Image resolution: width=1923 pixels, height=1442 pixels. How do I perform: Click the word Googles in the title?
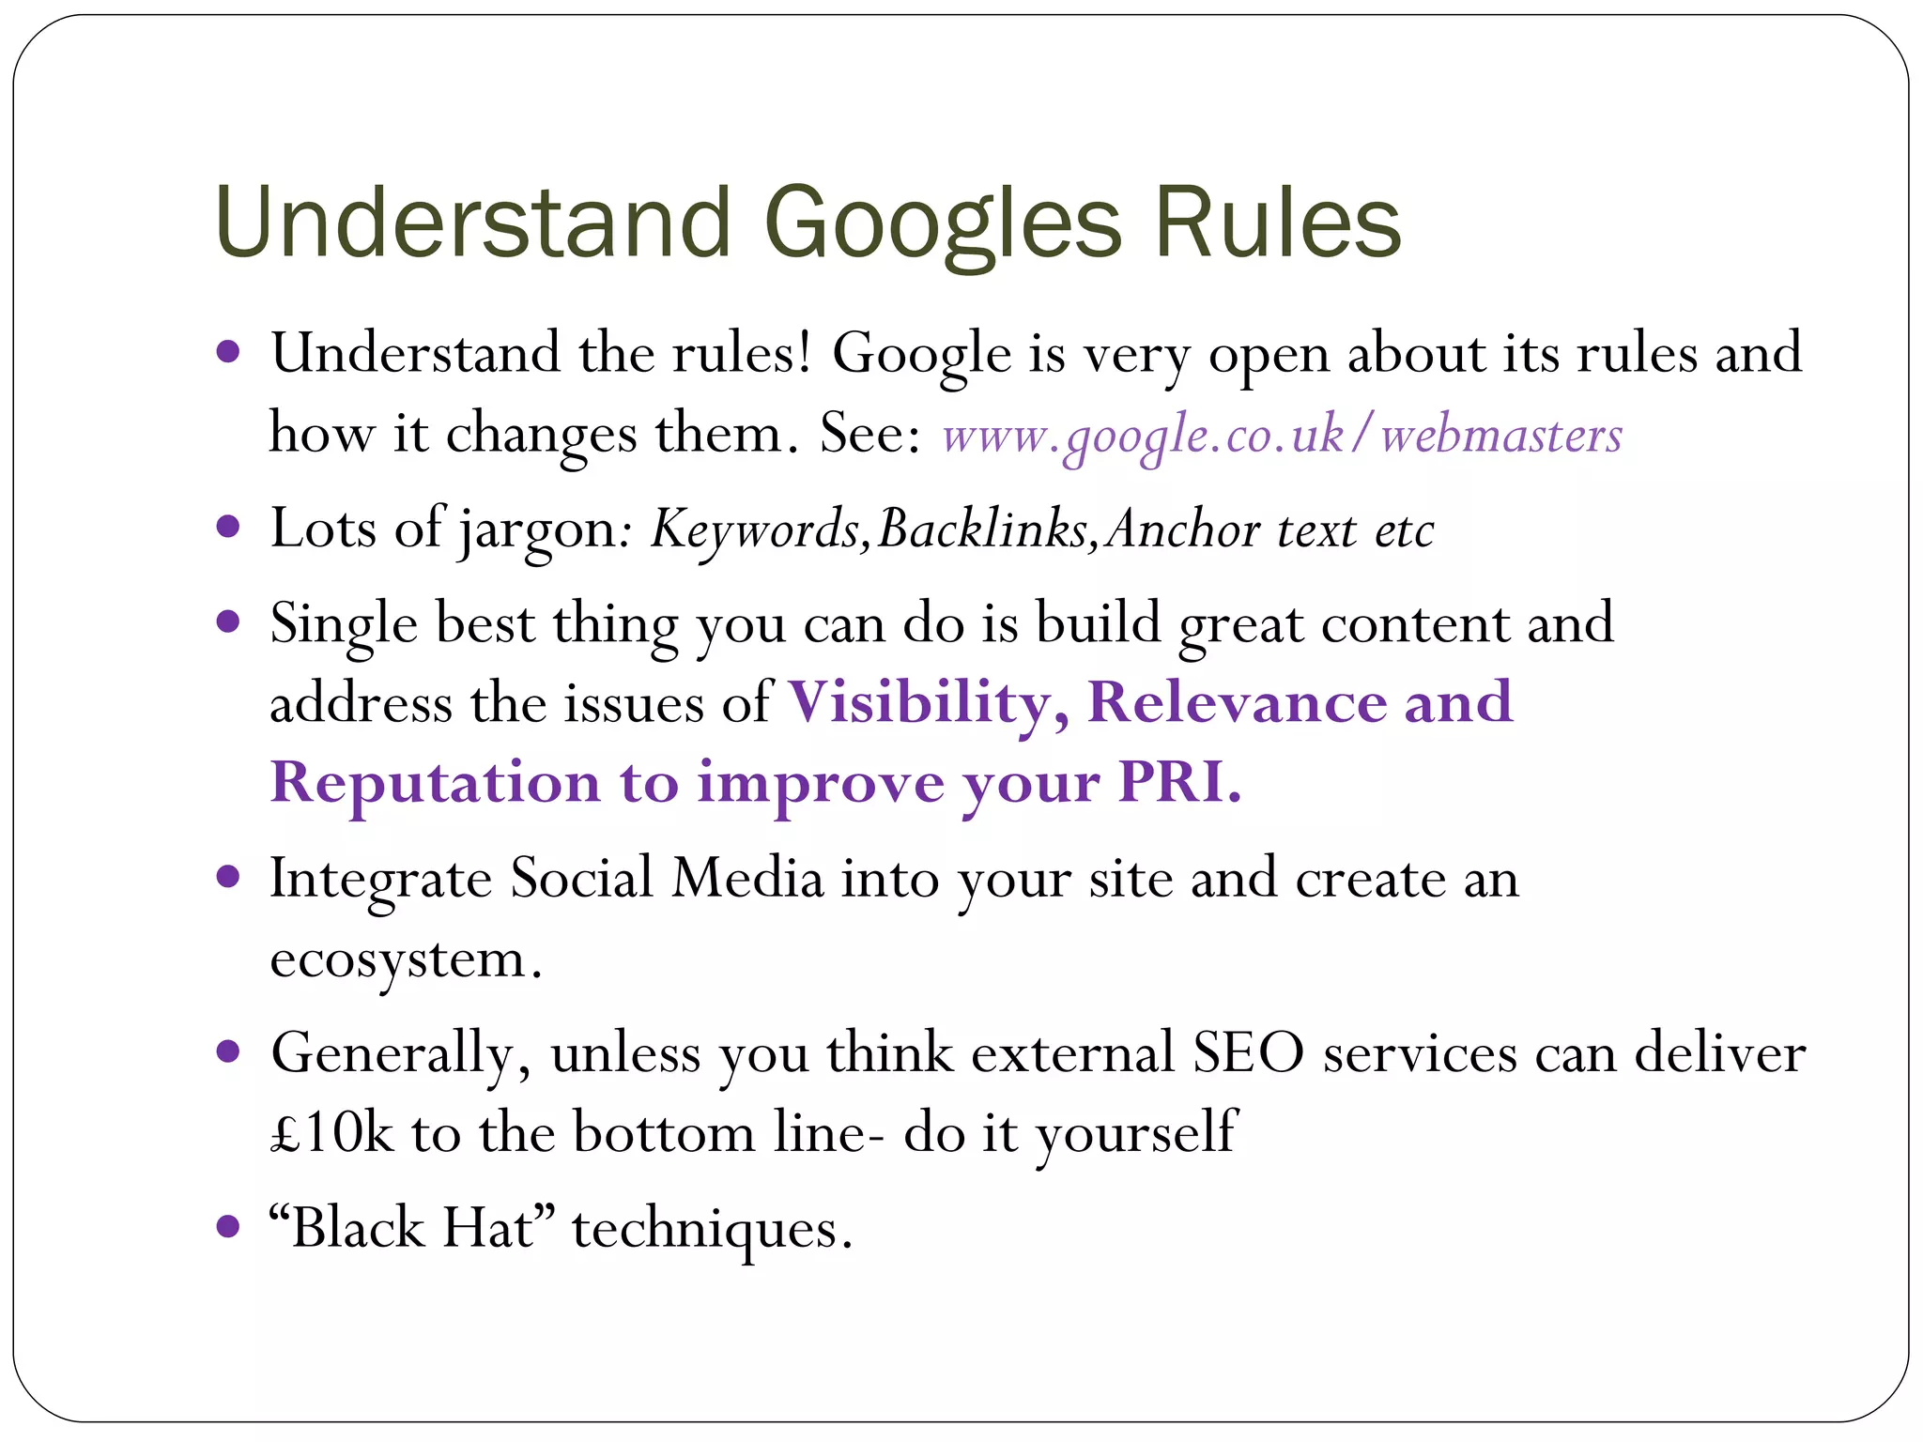943,225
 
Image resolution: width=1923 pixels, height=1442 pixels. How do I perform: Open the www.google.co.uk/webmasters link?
1282,436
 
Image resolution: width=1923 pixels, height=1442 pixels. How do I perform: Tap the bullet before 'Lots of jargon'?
228,527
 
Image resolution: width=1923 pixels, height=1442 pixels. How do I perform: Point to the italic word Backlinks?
982,529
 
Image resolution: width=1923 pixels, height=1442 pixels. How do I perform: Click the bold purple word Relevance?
1236,702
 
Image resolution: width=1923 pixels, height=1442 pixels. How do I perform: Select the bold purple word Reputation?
435,782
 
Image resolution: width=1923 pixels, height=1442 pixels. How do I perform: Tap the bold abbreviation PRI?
1178,782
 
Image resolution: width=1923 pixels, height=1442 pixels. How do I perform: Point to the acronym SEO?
1248,1052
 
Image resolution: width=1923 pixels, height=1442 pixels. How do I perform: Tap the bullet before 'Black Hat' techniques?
228,1226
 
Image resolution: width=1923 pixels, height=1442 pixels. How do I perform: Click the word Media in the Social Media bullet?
747,880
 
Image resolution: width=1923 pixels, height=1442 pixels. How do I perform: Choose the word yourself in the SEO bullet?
1136,1133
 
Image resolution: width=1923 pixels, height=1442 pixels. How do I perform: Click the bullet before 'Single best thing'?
228,621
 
